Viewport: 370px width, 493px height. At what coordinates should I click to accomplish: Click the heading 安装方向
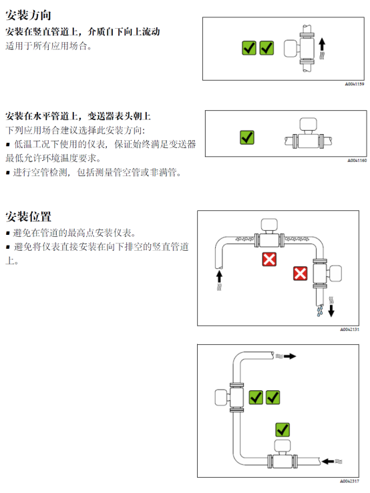(28, 15)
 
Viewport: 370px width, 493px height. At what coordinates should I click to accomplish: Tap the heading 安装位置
(28, 217)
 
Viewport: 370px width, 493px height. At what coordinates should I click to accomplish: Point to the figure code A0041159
(354, 84)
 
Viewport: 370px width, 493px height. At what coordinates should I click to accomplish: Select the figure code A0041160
(357, 160)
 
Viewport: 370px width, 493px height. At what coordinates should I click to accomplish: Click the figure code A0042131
(349, 329)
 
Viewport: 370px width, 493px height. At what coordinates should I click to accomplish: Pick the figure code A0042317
(349, 481)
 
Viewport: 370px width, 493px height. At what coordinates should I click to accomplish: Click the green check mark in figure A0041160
(247, 137)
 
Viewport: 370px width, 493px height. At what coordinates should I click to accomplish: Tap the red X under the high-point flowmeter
(269, 260)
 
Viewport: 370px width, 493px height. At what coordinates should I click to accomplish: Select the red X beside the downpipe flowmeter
(300, 274)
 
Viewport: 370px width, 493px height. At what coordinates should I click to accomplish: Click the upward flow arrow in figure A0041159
(322, 45)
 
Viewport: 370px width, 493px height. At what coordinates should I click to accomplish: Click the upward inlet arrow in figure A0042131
(220, 277)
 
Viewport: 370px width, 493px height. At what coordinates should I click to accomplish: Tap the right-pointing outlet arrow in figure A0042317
(290, 356)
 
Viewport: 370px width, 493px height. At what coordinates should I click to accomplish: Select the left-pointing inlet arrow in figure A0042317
(328, 462)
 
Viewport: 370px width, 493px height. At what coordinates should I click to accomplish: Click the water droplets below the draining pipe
(320, 311)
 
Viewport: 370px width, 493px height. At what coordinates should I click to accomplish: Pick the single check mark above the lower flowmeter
(283, 430)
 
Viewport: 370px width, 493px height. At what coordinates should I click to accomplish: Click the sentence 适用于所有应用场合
(49, 46)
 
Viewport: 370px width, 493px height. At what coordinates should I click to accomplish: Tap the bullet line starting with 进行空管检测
(94, 172)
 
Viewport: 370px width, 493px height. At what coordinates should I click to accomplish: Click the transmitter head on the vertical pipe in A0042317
(221, 398)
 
